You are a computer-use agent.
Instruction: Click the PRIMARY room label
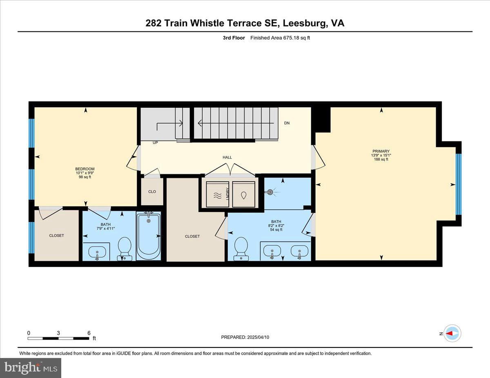381,151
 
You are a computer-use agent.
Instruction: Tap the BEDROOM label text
85,169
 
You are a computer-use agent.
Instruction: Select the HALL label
227,157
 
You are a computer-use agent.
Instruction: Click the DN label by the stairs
287,123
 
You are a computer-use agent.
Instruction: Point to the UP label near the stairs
155,143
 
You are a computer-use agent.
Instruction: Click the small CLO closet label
152,192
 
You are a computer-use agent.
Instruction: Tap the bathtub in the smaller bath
149,236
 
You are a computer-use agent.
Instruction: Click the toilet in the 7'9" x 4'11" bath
125,249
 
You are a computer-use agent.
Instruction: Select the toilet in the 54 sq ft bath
241,249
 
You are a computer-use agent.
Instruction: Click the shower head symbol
270,192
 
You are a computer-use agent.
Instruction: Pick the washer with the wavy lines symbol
218,195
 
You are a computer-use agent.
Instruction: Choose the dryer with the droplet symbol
243,195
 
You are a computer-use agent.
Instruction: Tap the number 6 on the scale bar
89,333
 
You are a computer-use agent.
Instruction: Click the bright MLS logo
31,368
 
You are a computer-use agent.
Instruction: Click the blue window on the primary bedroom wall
459,184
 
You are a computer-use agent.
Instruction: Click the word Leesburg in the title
305,23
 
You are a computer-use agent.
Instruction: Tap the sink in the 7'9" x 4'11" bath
97,252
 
